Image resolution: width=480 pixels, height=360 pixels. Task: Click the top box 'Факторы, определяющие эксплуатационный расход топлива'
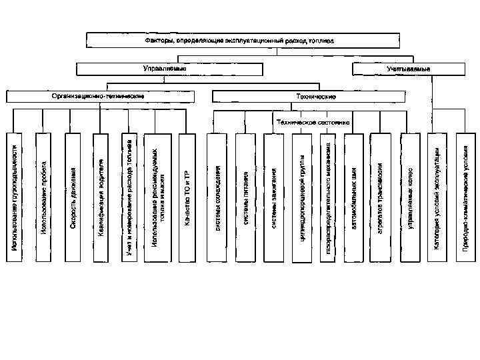[x=240, y=40]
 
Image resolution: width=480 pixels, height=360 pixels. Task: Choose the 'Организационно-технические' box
[x=99, y=97]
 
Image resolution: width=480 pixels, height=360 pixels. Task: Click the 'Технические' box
[x=316, y=97]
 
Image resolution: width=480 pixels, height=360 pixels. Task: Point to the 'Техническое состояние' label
[x=313, y=123]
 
